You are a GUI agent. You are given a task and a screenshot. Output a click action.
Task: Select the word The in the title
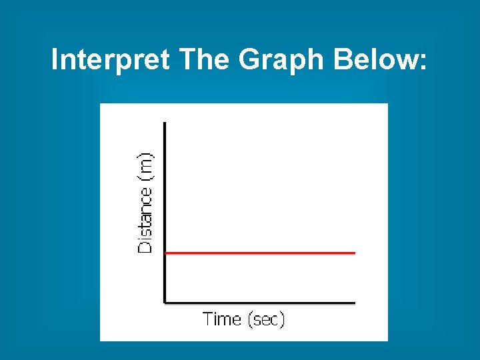coord(205,61)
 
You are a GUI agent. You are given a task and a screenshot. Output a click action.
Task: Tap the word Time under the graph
coord(222,319)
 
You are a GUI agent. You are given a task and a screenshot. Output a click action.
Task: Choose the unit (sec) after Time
coord(266,319)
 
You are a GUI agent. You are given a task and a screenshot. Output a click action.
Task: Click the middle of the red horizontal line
coord(260,253)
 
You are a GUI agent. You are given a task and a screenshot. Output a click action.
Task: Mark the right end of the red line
coord(354,253)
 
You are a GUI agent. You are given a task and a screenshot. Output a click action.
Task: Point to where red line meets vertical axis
coord(165,253)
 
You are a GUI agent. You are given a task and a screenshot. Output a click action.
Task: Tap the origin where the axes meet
coord(165,303)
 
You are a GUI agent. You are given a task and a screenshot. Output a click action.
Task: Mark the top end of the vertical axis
coord(165,123)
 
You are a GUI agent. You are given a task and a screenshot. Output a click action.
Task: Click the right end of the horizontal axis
coord(354,303)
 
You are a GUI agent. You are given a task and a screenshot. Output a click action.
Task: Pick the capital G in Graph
coord(251,61)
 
